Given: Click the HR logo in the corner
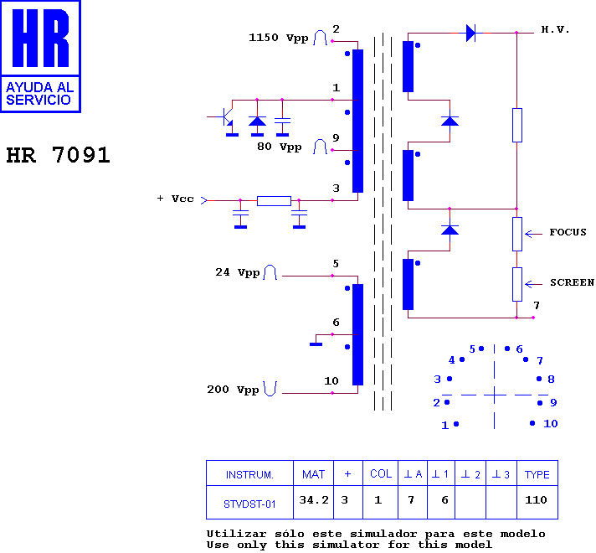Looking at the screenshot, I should pos(40,55).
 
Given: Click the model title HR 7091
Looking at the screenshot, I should pos(58,156).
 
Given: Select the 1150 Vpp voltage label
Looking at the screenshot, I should pos(278,38).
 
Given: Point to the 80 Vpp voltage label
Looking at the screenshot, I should pos(279,147).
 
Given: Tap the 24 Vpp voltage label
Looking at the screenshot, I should pos(238,272).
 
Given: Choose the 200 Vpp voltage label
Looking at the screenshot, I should pos(233,390).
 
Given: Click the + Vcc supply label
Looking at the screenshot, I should pos(175,199).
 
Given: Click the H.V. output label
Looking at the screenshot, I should pos(555,29).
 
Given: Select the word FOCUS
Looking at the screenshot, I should pos(568,232).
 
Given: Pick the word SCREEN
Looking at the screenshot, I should pos(571,282).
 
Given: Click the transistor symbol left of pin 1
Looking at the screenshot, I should pos(224,118).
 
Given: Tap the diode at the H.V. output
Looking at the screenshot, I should pos(470,34).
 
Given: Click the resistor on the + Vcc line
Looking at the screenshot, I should pos(274,201).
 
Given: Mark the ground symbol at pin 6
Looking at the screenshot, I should pos(316,343).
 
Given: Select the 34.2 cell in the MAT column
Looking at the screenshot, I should pos(313,501).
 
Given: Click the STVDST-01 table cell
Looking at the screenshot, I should pos(249,504).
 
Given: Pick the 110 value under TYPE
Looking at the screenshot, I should pos(537,500).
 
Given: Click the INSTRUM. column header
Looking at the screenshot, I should pos(249,474).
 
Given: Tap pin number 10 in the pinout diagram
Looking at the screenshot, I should pos(550,424).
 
